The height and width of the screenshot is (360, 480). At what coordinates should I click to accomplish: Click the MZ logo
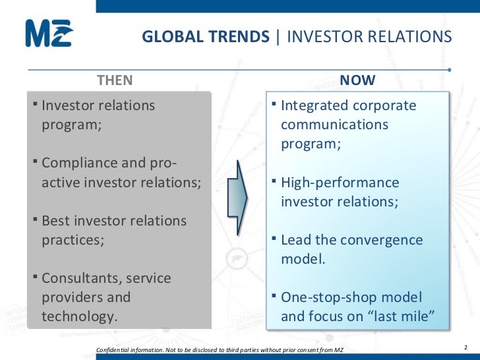pyautogui.click(x=49, y=33)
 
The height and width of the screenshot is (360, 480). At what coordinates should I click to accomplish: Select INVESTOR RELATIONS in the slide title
pyautogui.click(x=369, y=36)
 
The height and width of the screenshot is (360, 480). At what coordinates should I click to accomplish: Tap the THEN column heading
pyautogui.click(x=115, y=80)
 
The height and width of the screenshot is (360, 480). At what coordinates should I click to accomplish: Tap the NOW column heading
pyautogui.click(x=357, y=80)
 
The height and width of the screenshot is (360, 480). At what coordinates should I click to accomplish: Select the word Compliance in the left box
pyautogui.click(x=78, y=163)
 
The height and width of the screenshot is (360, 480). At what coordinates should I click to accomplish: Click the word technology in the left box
pyautogui.click(x=80, y=316)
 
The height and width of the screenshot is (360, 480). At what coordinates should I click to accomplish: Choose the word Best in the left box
pyautogui.click(x=55, y=221)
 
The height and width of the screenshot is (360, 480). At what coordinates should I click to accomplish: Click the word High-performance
pyautogui.click(x=340, y=183)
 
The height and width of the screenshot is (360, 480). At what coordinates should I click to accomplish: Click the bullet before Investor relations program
pyautogui.click(x=35, y=105)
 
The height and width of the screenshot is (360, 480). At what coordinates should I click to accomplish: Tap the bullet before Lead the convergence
pyautogui.click(x=274, y=240)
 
